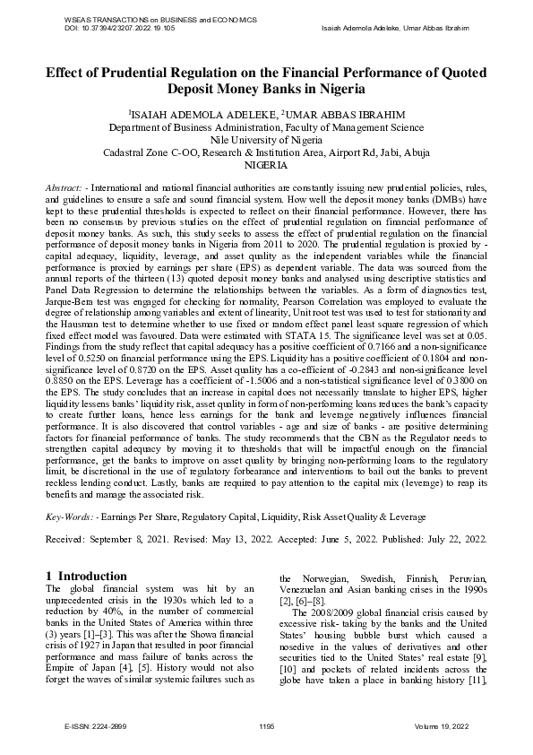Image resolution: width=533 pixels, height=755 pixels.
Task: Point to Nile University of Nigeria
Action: click(x=266, y=141)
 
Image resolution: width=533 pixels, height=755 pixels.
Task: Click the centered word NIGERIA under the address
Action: click(x=266, y=166)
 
